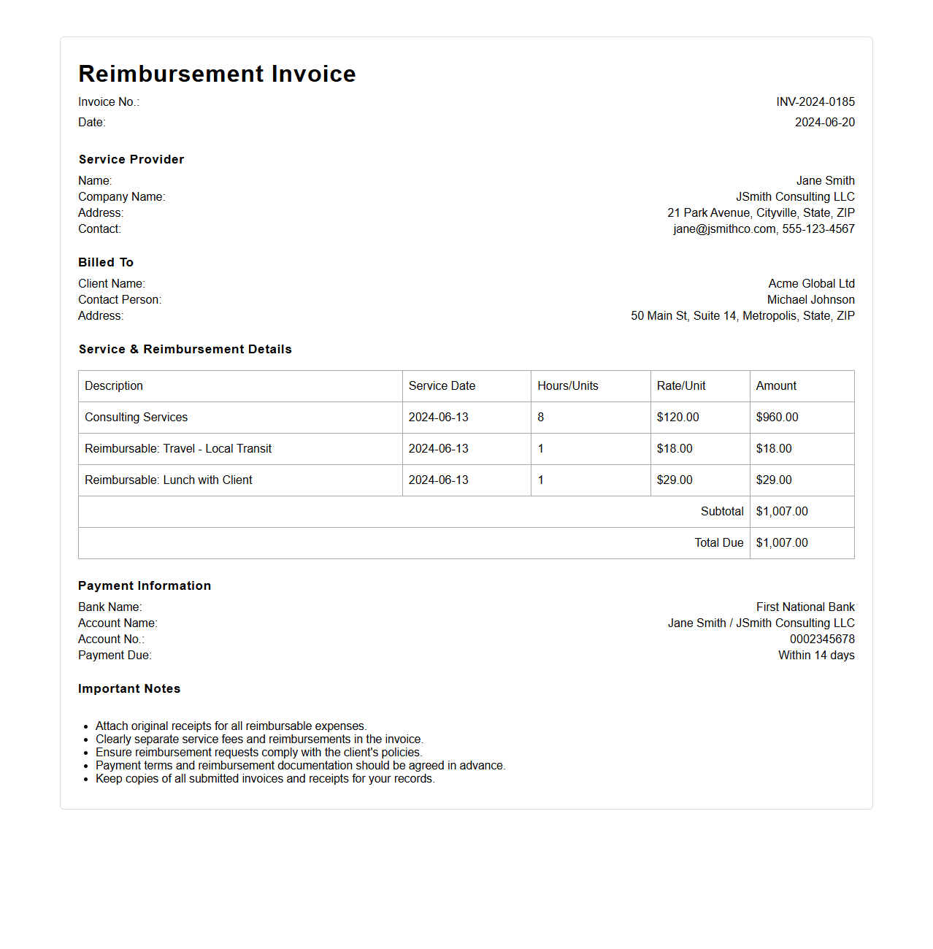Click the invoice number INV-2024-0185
pos(815,102)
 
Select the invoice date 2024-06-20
pos(824,123)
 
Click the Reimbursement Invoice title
pos(217,74)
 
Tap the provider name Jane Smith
pos(825,181)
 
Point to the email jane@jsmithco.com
pos(724,229)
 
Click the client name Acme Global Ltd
pos(811,284)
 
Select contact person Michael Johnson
pos(810,300)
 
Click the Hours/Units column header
pos(567,386)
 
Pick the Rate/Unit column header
pos(680,386)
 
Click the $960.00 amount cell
pos(777,418)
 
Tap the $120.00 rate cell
pos(677,418)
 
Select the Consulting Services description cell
pos(136,418)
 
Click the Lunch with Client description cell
pos(168,480)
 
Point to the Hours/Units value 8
pos(541,418)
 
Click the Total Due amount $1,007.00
pos(781,543)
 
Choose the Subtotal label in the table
pos(721,512)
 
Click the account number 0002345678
pos(821,639)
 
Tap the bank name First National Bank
pos(805,607)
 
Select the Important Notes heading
pos(129,689)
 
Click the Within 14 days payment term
pos(815,656)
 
